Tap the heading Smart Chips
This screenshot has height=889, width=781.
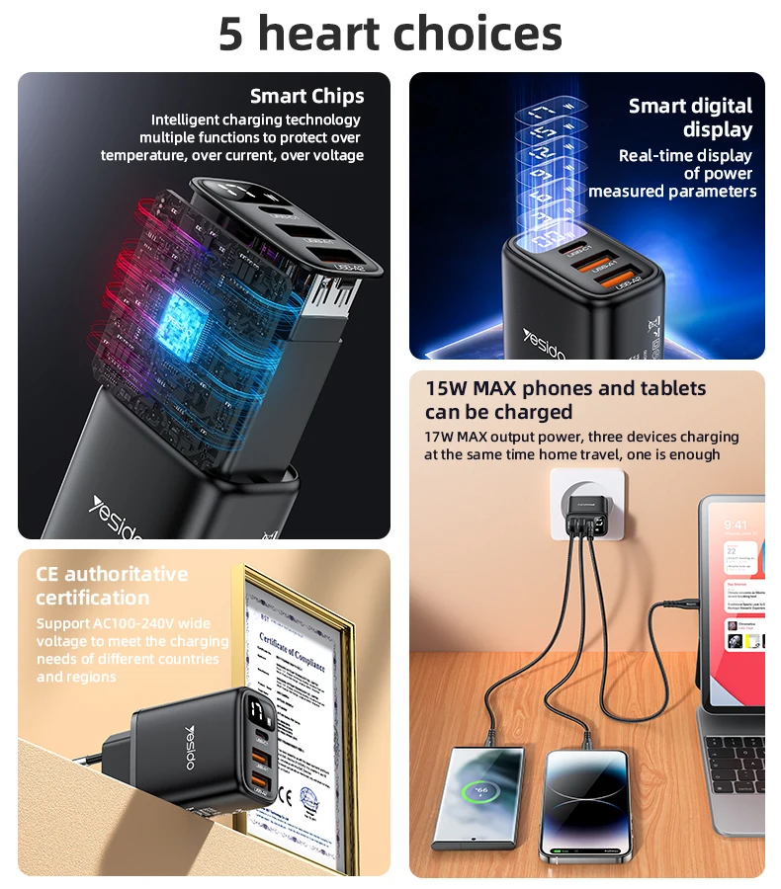(x=306, y=96)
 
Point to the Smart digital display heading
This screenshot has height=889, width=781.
(x=690, y=118)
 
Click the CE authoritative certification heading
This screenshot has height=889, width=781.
(x=111, y=586)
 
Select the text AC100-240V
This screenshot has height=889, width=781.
(x=139, y=623)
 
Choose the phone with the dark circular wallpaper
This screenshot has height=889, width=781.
(x=583, y=805)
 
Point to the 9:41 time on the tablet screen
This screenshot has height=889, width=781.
(x=735, y=525)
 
